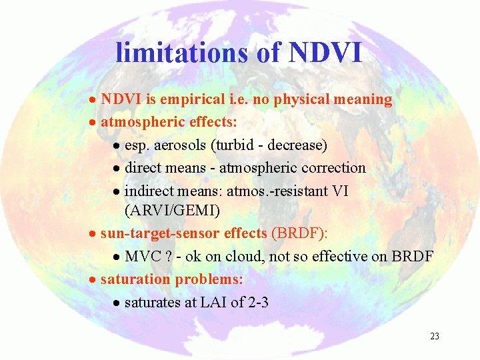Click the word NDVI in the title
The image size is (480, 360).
(325, 53)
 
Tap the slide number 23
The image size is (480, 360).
(435, 337)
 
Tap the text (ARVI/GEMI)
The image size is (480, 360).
(172, 211)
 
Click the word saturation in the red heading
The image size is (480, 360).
(136, 279)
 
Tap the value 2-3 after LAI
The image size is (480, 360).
(258, 302)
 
